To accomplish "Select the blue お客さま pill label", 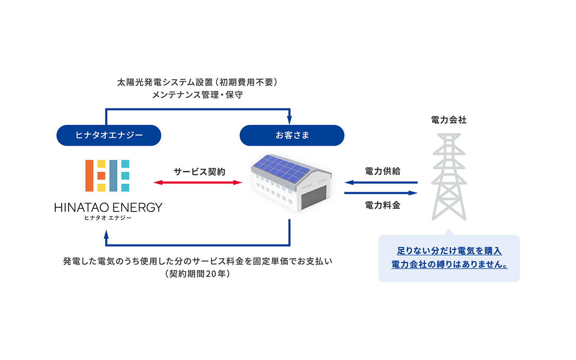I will point(292,135).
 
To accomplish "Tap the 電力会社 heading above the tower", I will point(449,120).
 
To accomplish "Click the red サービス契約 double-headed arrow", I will point(198,182).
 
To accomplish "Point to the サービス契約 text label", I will point(199,171).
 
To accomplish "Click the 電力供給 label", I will point(382,171).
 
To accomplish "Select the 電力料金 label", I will point(382,206).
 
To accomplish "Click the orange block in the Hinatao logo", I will point(90,175).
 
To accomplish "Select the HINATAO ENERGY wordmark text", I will point(108,207).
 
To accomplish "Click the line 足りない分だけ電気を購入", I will point(449,251).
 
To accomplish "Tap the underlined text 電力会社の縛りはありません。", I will point(449,265).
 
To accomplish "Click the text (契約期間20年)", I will point(198,274).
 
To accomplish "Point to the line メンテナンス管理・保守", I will point(198,96).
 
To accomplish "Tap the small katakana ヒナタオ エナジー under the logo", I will point(108,218).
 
